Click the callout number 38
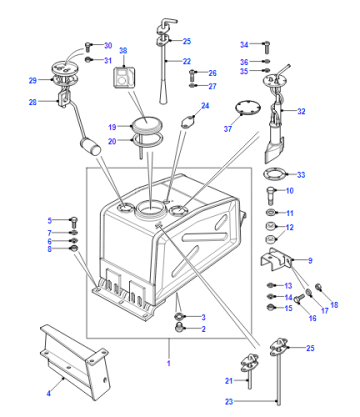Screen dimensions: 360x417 (123, 51)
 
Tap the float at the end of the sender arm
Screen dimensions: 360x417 (90, 147)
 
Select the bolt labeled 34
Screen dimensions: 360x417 (266, 47)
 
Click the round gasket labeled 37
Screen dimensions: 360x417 (248, 108)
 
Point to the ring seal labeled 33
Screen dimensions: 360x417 (275, 174)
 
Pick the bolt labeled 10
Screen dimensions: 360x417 (271, 196)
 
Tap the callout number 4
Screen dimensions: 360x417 (49, 394)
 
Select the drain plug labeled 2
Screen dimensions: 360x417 (180, 327)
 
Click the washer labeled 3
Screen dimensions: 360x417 (180, 316)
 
